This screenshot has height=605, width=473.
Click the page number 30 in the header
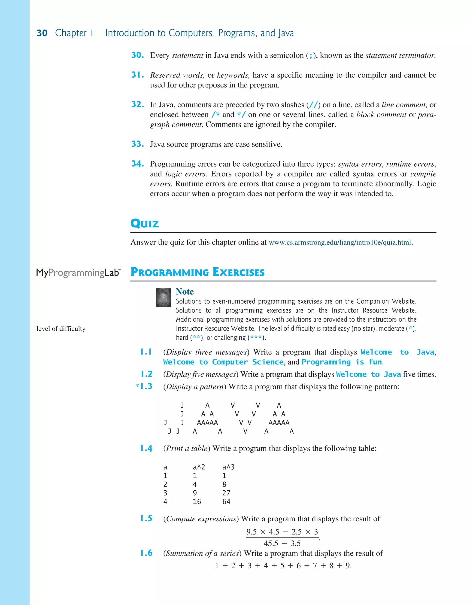[42, 33]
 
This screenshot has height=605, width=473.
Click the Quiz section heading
[145, 223]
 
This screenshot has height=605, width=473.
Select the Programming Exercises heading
[197, 272]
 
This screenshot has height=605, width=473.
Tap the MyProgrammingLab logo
[78, 273]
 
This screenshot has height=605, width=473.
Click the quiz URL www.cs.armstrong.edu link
[340, 242]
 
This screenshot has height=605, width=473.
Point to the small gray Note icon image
[163, 298]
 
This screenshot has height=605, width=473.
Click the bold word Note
[185, 291]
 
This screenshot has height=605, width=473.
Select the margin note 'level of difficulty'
[61, 329]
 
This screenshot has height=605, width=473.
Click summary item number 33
[137, 144]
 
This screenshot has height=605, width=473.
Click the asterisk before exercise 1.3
[137, 386]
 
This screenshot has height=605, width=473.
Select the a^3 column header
[228, 467]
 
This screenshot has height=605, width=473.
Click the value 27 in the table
[226, 493]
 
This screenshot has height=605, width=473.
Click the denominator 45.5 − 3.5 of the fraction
[282, 543]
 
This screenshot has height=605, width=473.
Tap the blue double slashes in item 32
[313, 105]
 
